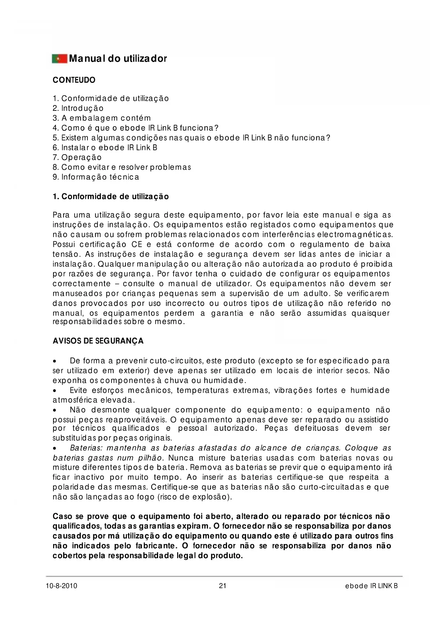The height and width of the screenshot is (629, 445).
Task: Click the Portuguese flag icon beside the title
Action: coord(60,58)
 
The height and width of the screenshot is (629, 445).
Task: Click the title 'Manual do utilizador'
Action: coord(118,58)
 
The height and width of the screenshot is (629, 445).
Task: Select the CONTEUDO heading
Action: coord(74,80)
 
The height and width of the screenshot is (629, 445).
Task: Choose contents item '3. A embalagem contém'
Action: coord(101,118)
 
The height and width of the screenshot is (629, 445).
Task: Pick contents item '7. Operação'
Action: coord(77,157)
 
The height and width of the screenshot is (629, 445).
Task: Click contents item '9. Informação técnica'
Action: coord(96,177)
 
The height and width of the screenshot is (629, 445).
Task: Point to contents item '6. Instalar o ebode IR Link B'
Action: coord(105,148)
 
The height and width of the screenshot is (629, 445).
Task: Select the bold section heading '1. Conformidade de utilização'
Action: coord(110,197)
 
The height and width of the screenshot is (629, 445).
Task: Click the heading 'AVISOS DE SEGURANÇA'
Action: coord(98,341)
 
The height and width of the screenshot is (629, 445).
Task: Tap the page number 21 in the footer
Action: coord(222,586)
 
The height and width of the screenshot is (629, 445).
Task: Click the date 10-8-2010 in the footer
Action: coord(62,586)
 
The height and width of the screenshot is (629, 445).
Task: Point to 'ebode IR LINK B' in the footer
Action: coord(371,586)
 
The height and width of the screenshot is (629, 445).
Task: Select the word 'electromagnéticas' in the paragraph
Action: coord(362,235)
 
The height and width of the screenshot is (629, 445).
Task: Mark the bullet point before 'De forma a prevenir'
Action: coord(55,361)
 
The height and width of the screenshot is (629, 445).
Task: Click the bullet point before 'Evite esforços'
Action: coord(55,391)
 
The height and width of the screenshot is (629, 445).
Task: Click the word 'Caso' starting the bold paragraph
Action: coord(63,516)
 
